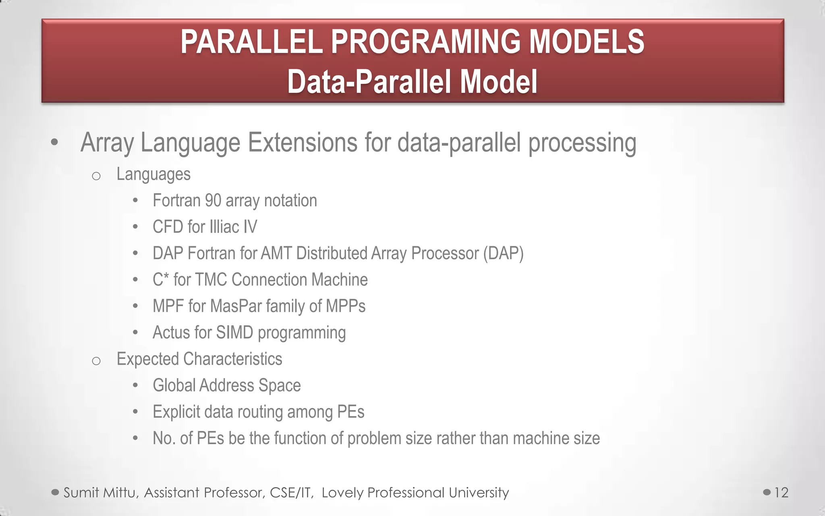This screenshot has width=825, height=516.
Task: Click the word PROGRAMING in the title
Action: click(x=425, y=42)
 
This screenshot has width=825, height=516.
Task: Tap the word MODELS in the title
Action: click(x=586, y=42)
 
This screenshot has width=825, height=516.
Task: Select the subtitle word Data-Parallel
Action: click(x=371, y=82)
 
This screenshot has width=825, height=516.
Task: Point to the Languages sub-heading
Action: click(x=153, y=174)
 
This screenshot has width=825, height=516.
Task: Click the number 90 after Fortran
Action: click(x=213, y=200)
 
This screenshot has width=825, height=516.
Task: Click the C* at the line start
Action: click(x=160, y=279)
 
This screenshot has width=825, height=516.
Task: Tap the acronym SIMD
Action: click(x=234, y=333)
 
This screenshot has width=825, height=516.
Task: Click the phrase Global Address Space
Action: click(x=226, y=385)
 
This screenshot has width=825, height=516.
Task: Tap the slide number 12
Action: click(x=781, y=493)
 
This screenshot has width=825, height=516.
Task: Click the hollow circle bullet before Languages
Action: click(x=96, y=176)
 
